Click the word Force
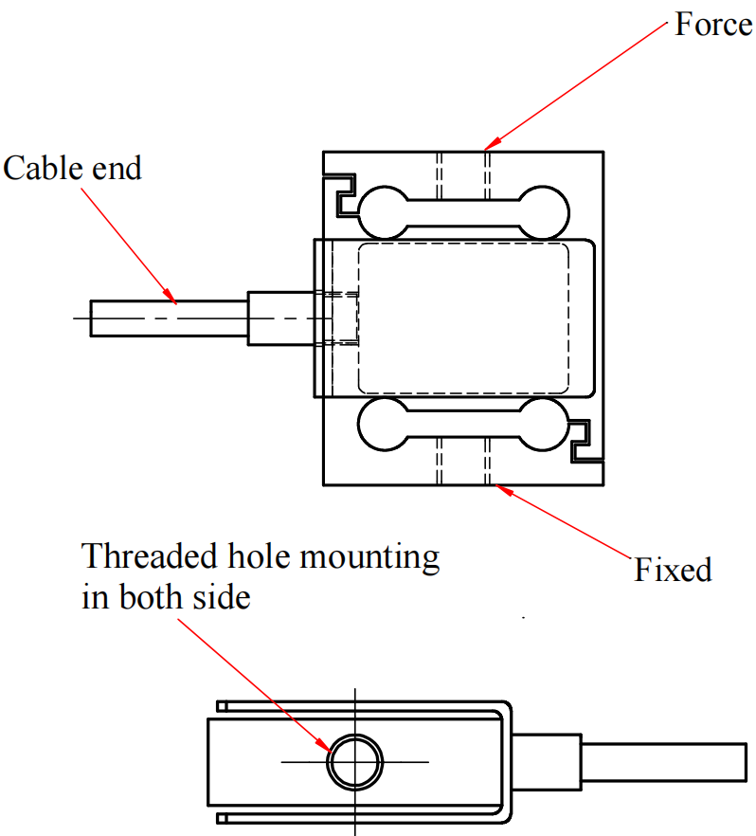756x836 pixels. click(x=712, y=24)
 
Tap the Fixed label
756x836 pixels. click(x=673, y=570)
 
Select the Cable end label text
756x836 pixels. click(x=72, y=168)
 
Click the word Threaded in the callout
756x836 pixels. click(x=140, y=555)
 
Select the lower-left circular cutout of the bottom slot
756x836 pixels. click(x=382, y=424)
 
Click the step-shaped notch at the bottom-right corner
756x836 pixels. click(x=583, y=442)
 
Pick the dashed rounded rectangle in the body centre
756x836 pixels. click(x=463, y=318)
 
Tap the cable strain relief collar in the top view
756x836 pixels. click(x=279, y=318)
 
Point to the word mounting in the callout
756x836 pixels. click(x=369, y=556)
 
